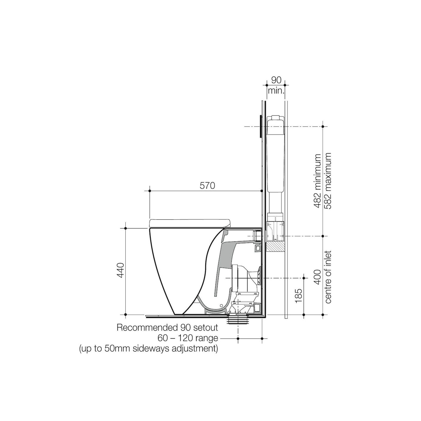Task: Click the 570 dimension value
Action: [207, 186]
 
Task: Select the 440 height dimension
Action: [121, 270]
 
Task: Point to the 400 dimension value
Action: [318, 277]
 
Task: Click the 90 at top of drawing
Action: [276, 80]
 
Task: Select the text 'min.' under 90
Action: [276, 90]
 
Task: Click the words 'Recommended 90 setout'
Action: [167, 328]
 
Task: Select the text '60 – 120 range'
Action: [188, 338]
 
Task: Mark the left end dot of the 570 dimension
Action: [150, 191]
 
